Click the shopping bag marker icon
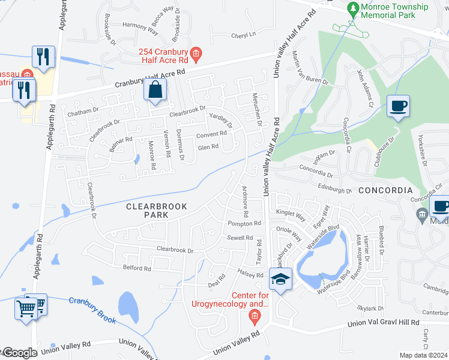point(155,91)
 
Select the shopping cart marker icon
point(26,308)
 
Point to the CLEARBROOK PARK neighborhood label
point(156,211)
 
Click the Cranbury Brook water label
point(91,310)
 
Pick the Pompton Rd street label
point(244,223)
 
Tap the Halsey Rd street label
point(251,274)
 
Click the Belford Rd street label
point(136,268)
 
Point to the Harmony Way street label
point(140,26)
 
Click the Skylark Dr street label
point(371,308)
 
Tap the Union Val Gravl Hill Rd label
point(382,323)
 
